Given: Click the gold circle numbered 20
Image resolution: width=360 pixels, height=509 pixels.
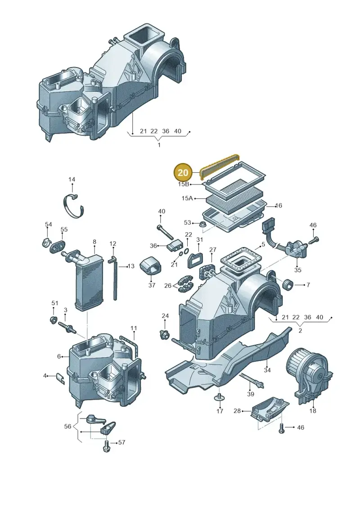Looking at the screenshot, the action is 183,172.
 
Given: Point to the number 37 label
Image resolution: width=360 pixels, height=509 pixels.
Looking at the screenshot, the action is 152,285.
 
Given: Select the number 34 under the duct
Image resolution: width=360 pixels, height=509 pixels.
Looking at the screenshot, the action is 267,370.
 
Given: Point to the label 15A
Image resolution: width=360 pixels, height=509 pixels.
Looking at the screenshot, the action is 187,198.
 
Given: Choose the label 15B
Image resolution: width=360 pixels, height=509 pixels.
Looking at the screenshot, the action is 184,184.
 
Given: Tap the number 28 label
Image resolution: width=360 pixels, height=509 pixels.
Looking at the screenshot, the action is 237,411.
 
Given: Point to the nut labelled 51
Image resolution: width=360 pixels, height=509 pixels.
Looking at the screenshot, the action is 54,320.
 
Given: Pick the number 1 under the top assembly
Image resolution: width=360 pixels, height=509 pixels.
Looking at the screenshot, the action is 159,145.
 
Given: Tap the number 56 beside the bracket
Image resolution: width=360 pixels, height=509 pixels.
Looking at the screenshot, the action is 67,426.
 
